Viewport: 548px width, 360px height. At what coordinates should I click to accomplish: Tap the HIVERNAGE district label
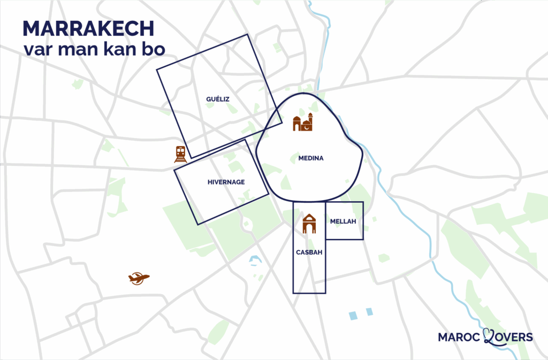click(x=226, y=182)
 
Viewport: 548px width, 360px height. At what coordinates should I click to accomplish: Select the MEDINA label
click(x=311, y=158)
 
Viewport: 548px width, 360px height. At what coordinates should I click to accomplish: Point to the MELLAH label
click(x=343, y=221)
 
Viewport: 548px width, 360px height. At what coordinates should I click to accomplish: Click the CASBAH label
click(x=309, y=252)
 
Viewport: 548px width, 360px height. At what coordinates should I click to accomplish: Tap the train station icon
click(x=180, y=154)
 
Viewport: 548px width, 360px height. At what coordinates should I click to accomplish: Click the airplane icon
click(x=139, y=278)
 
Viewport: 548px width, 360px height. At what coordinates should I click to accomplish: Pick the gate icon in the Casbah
click(x=309, y=224)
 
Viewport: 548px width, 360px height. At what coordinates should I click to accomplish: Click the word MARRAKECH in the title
click(x=88, y=29)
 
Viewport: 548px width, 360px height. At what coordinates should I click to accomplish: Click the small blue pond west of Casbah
click(x=254, y=261)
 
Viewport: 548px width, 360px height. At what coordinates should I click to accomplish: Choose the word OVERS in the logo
click(x=514, y=337)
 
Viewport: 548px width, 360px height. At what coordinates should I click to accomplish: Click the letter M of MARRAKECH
click(x=32, y=29)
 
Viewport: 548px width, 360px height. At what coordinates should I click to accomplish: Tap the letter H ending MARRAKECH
click(x=147, y=29)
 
